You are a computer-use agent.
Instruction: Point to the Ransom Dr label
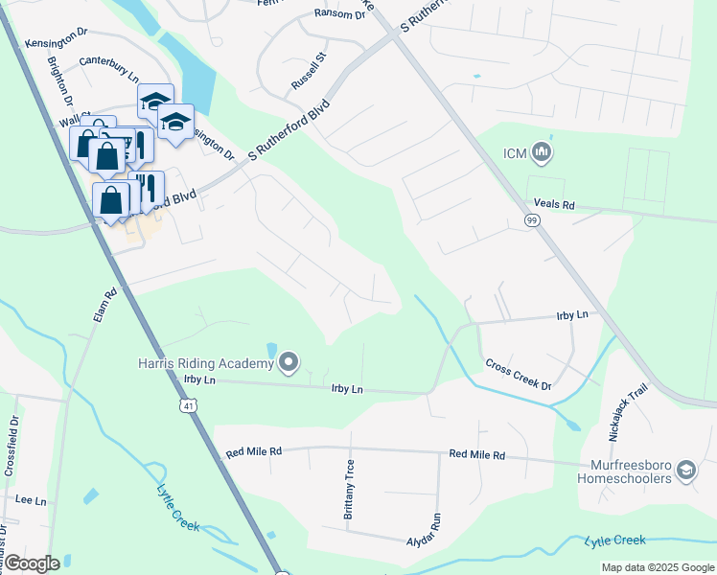tap(339, 14)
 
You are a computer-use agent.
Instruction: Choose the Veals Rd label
tap(554, 205)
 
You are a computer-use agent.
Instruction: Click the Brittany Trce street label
tap(349, 488)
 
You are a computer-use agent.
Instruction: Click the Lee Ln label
tap(31, 500)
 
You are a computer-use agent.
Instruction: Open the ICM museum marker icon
tap(542, 152)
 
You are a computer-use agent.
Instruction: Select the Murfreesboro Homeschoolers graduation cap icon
tap(685, 470)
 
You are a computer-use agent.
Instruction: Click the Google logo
tap(32, 563)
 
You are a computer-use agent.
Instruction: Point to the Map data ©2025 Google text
tap(657, 567)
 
